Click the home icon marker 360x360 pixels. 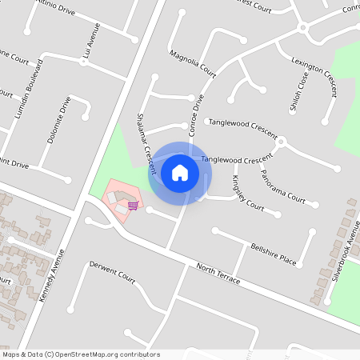(180, 172)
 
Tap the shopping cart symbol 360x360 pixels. (133, 205)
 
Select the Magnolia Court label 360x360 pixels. (193, 63)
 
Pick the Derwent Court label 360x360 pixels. (112, 272)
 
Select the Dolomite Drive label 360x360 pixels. (59, 120)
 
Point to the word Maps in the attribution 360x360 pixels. (11, 354)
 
